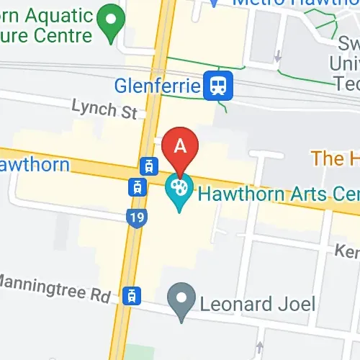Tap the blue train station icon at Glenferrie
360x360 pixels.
pos(216,87)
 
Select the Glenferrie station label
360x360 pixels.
pos(156,87)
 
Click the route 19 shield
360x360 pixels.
pos(135,217)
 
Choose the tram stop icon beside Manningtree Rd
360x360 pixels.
pos(131,294)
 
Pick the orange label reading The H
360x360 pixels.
pos(335,158)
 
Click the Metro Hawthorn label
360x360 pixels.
pos(292,3)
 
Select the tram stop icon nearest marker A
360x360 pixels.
pos(149,166)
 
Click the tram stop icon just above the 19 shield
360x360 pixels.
pos(135,187)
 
